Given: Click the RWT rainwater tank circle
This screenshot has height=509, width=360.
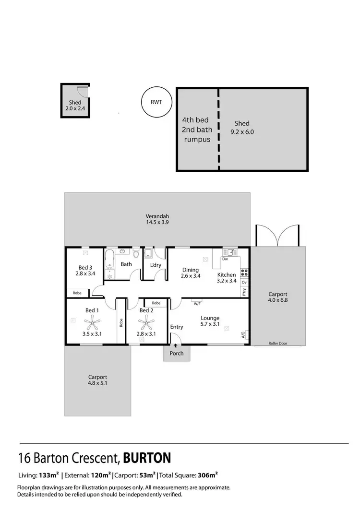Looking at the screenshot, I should point(156,102).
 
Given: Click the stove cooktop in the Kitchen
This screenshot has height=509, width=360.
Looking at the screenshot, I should point(244,272).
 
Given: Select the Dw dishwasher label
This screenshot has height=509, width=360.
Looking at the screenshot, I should point(225,260).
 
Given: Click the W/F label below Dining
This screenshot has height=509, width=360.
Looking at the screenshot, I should point(197,304).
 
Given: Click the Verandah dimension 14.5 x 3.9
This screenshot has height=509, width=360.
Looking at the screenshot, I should point(157,222).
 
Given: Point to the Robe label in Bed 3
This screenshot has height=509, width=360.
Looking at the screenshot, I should point(77,292).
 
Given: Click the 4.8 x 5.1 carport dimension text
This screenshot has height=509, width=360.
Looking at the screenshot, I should point(97,384).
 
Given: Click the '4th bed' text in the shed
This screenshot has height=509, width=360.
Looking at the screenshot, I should point(195,119).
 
